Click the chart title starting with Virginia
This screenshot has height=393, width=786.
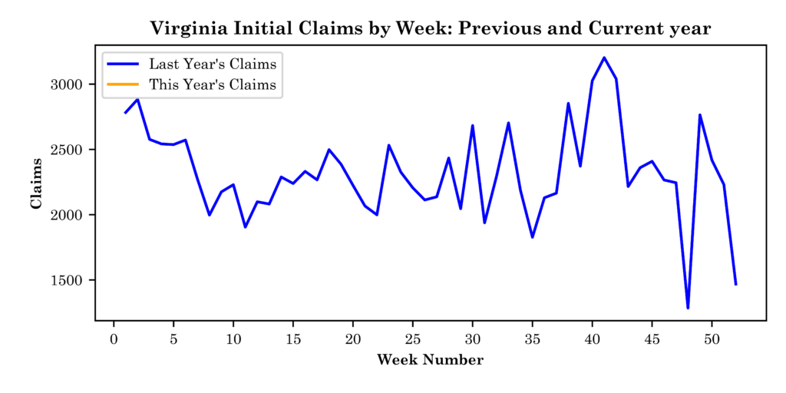point(430,28)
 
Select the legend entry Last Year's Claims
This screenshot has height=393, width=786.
point(213,63)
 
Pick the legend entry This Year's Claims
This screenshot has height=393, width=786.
point(213,84)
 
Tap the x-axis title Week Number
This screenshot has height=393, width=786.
point(430,360)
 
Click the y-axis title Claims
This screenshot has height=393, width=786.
point(36,182)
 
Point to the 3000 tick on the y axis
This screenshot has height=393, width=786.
point(74,84)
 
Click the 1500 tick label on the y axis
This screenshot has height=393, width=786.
point(74,280)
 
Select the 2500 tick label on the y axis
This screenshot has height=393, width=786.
point(74,150)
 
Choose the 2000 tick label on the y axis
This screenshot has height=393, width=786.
point(74,215)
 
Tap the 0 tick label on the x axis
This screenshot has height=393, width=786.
point(114,339)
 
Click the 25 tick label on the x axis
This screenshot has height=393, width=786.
point(412,339)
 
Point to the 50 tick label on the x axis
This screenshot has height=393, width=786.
point(712,339)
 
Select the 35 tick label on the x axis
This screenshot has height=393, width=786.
point(532,339)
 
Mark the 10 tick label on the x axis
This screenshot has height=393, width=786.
point(233,339)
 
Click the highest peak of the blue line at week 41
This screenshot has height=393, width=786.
point(604,58)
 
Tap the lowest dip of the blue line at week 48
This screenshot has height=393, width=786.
point(688,308)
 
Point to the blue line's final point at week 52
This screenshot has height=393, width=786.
point(735,284)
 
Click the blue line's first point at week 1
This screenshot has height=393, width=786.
point(125,113)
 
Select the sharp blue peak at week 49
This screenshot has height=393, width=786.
point(700,115)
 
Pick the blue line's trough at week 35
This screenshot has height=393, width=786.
point(532,237)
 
